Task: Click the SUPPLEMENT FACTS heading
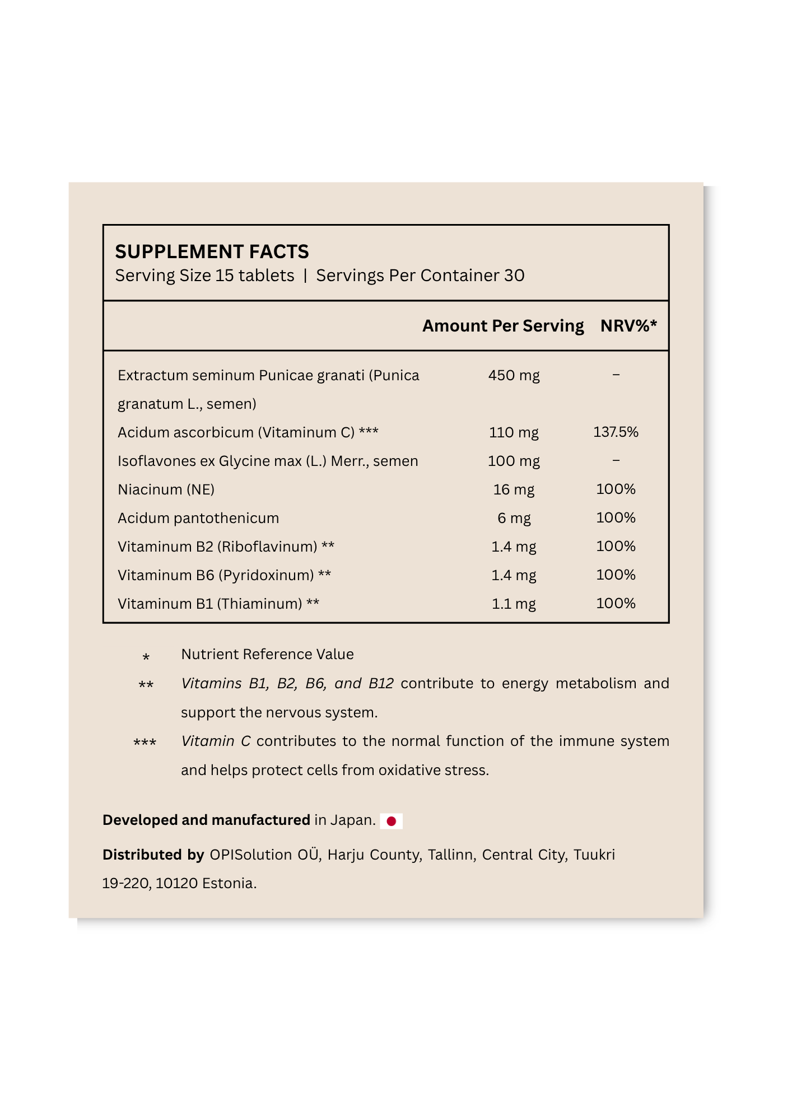coord(212,252)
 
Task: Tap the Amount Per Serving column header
coord(502,326)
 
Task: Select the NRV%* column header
coord(628,326)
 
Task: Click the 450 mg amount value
coord(514,375)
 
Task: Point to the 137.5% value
coord(616,432)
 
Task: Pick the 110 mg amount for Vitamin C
coord(514,432)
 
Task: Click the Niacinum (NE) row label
coord(166,489)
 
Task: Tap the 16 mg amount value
coord(514,489)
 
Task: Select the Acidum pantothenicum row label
coord(198,518)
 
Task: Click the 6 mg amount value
coord(514,518)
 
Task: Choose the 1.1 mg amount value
coord(514,604)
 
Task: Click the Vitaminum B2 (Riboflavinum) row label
coord(217,547)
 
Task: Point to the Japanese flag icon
coord(391,821)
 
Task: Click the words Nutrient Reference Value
coord(267,654)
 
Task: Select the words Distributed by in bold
coord(153,855)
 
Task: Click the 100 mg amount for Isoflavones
coord(514,461)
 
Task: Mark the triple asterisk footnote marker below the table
coord(145,743)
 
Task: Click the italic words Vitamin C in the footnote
coord(216,741)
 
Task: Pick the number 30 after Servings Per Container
coord(514,276)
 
